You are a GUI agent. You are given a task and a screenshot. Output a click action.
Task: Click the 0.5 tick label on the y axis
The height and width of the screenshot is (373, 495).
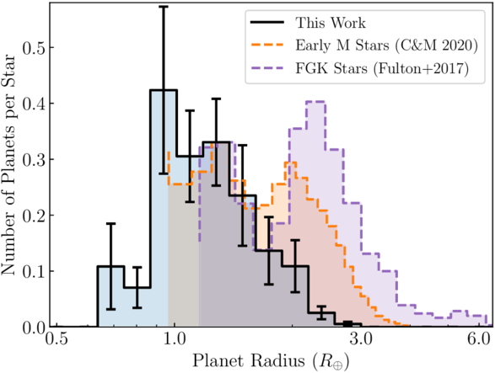(x=34, y=47)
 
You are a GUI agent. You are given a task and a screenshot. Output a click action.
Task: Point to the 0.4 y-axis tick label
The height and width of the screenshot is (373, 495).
(x=34, y=104)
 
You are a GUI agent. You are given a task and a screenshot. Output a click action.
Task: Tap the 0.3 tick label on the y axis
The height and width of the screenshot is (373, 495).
(x=34, y=159)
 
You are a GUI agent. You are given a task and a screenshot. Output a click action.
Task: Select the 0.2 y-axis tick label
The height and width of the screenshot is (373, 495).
(x=34, y=215)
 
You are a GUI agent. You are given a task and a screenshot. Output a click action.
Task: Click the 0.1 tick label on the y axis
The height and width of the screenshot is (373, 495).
(x=34, y=271)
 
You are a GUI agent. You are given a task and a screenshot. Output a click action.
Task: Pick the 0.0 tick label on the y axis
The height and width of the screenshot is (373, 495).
(x=34, y=327)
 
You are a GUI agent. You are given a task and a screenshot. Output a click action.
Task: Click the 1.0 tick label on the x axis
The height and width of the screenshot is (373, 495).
(x=175, y=340)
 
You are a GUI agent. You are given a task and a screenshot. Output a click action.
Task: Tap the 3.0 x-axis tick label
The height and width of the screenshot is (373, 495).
(x=366, y=340)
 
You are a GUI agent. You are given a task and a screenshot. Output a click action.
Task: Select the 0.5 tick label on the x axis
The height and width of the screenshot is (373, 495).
(x=57, y=340)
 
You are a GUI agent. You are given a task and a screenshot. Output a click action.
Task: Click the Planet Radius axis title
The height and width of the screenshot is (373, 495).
(x=271, y=361)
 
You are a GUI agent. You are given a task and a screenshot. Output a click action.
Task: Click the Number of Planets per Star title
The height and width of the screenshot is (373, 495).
(x=8, y=165)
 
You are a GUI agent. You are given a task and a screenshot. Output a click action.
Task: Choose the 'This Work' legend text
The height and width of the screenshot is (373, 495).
(x=331, y=23)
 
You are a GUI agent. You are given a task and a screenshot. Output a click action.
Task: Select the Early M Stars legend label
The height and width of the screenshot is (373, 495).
(x=387, y=45)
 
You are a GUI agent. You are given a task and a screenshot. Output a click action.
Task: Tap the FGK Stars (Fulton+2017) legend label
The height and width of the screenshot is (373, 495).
(x=382, y=68)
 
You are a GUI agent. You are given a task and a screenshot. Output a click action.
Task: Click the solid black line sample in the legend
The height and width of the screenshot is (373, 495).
(x=267, y=23)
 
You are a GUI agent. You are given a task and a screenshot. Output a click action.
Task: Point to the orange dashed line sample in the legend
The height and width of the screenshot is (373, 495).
(x=267, y=45)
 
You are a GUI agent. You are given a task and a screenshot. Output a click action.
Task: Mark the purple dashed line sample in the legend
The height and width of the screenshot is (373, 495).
(x=267, y=68)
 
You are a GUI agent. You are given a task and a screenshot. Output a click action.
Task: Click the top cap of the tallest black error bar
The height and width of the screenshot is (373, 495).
(x=164, y=6)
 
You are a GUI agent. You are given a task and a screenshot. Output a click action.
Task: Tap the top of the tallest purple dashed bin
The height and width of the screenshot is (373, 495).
(x=315, y=101)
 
